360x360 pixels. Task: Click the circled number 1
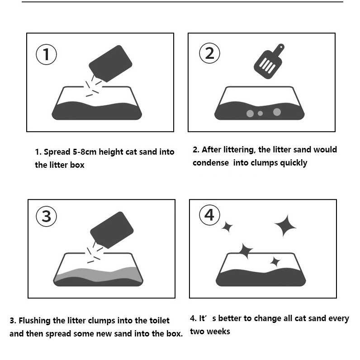click(46, 54)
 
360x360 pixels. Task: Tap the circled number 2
click(209, 53)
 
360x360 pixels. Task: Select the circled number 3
click(47, 216)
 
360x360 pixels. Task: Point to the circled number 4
click(209, 215)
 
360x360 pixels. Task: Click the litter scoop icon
click(269, 62)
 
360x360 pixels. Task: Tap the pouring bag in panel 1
click(110, 63)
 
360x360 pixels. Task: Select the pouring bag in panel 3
click(112, 230)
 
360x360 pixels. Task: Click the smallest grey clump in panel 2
click(260, 113)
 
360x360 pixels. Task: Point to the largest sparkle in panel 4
click(285, 226)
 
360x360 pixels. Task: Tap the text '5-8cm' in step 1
click(85, 152)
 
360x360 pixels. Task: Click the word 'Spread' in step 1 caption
click(57, 152)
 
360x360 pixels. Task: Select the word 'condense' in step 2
click(211, 163)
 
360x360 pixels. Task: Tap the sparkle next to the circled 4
click(227, 227)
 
